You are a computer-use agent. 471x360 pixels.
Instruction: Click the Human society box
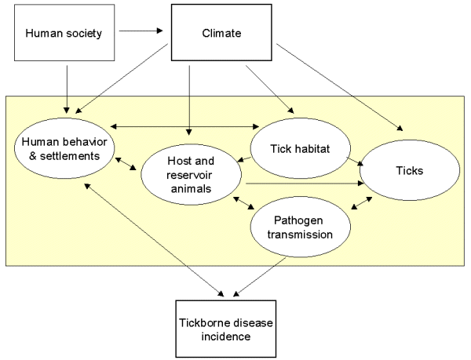tap(54, 34)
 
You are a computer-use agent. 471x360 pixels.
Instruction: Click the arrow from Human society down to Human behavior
tap(68, 86)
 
